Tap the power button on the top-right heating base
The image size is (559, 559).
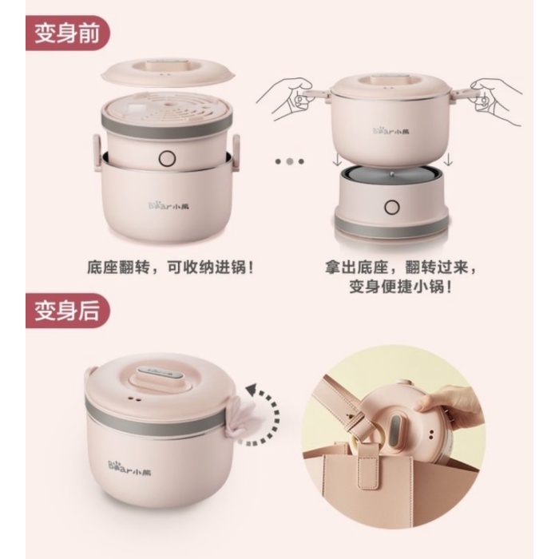pos(392,207)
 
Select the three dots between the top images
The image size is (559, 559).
pos(289,161)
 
